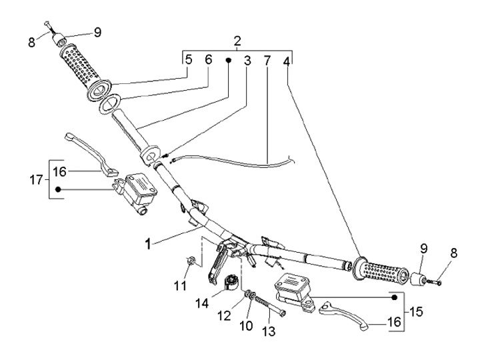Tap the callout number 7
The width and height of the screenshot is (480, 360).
(267, 60)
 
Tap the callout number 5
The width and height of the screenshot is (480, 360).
(189, 60)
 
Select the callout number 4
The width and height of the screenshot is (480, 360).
(287, 60)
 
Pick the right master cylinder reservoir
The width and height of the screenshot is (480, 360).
(291, 285)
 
